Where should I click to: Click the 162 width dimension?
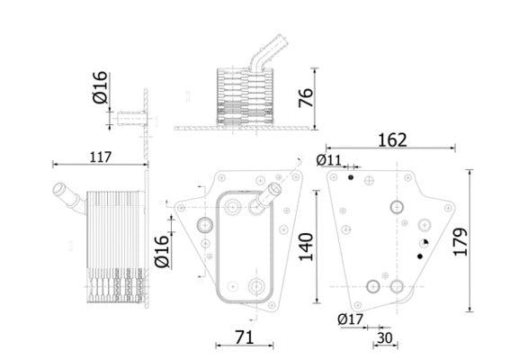click(x=392, y=140)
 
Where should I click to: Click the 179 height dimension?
click(x=461, y=242)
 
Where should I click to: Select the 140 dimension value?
click(x=306, y=247)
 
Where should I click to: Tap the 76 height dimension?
click(x=306, y=97)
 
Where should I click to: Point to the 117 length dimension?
click(x=101, y=157)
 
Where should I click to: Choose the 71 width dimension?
click(x=245, y=337)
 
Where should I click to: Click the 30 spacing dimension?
click(x=385, y=338)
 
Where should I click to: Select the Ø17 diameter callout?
click(x=350, y=319)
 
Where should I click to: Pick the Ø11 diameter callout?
click(x=329, y=160)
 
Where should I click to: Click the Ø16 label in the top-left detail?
click(x=100, y=87)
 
